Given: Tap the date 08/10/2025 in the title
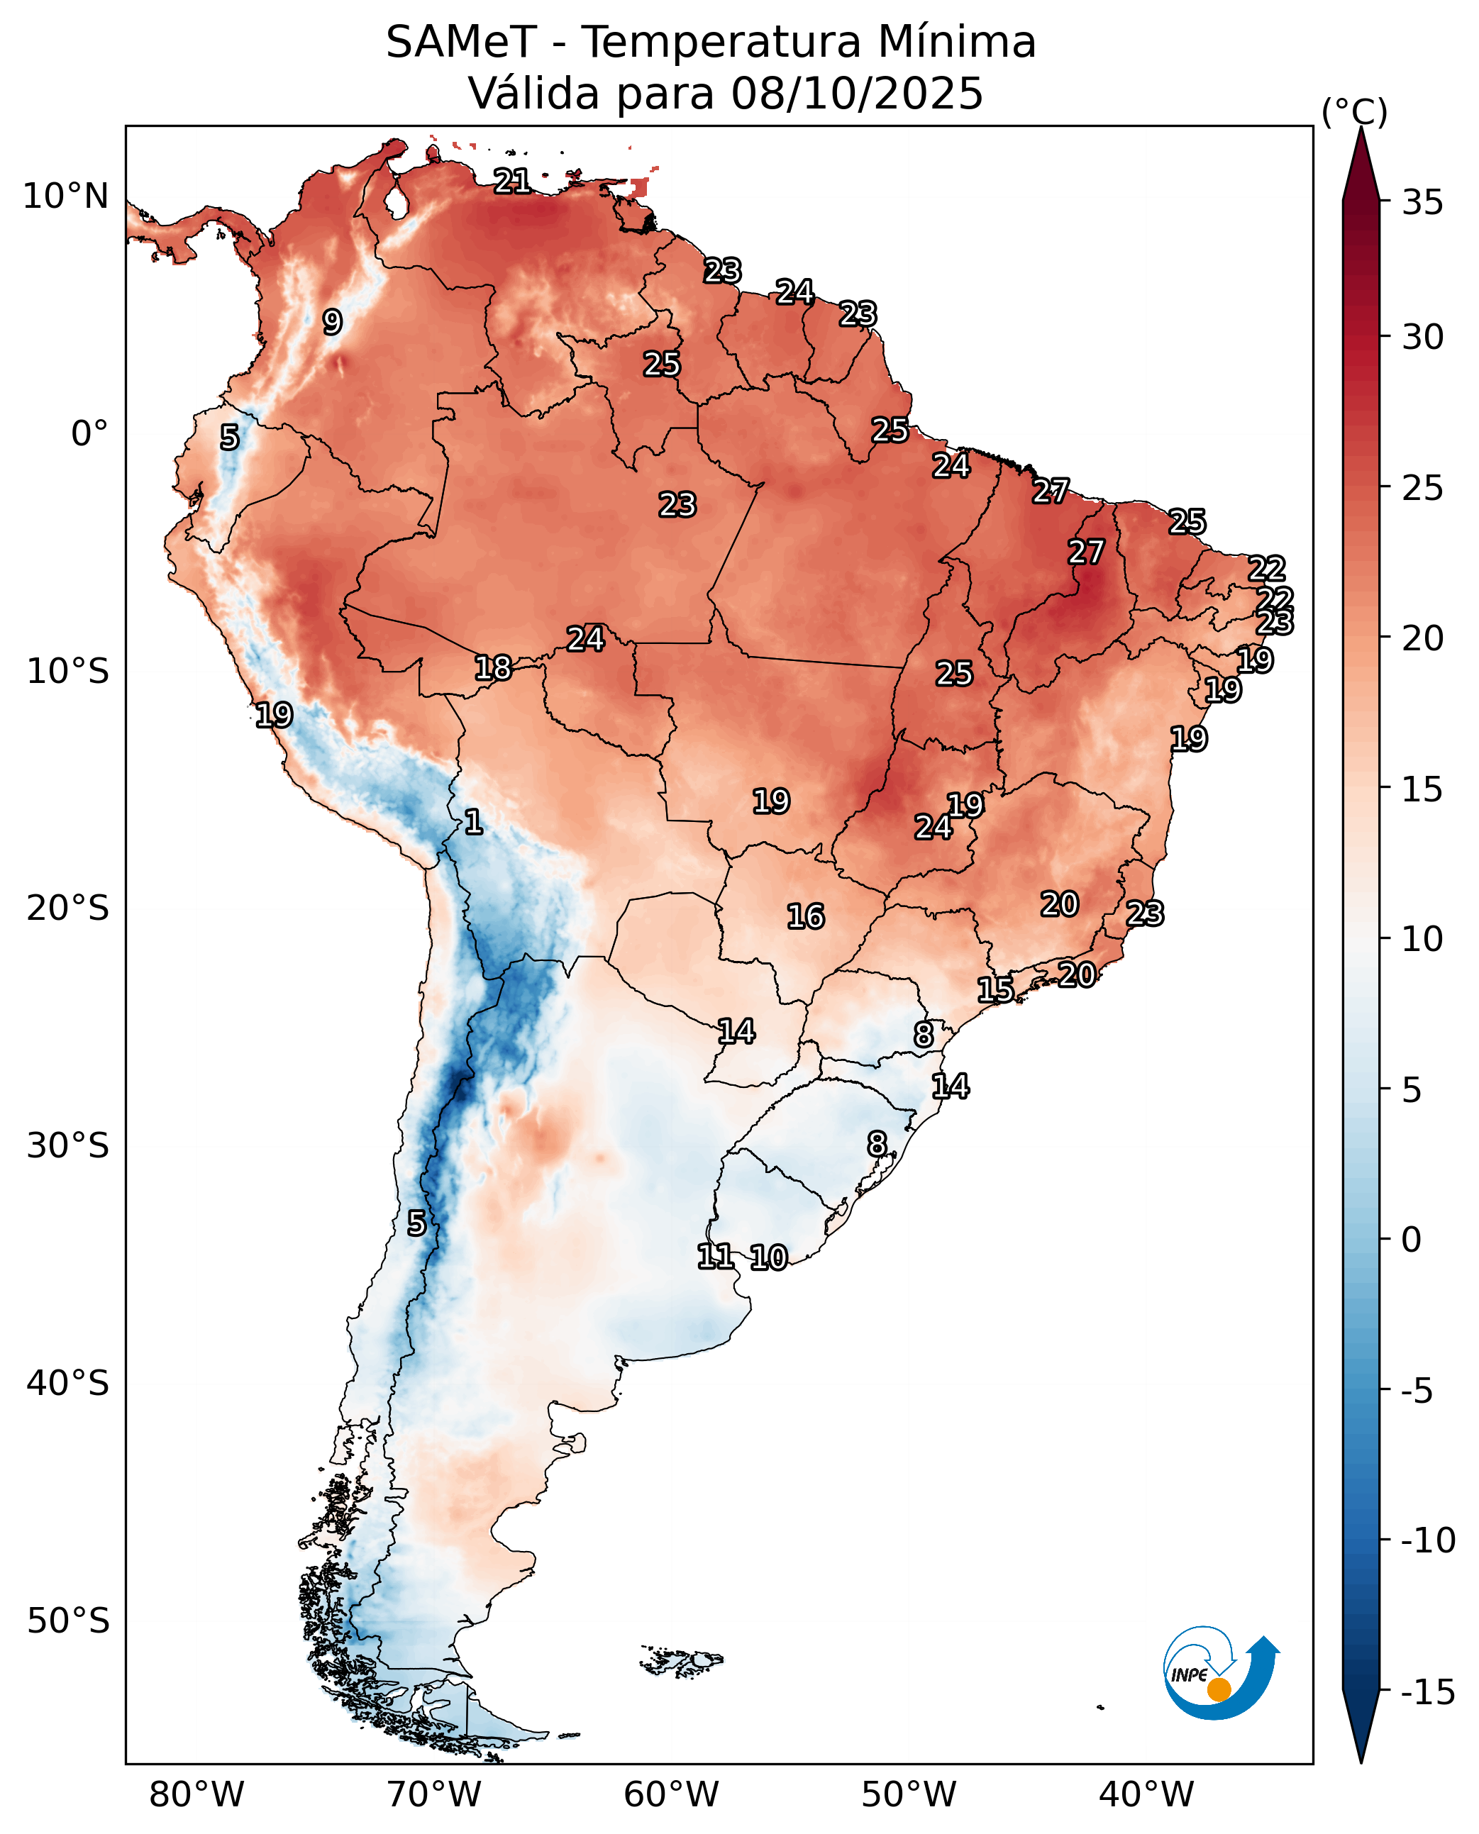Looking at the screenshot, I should click(856, 93).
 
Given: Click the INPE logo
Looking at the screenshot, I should click(1219, 1673).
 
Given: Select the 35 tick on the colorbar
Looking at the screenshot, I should click(1423, 203).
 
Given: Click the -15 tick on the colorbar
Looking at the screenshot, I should click(1427, 1691).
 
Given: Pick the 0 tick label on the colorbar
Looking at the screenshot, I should click(1411, 1240).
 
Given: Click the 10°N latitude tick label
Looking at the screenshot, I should click(65, 196).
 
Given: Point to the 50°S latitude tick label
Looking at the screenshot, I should click(67, 1621).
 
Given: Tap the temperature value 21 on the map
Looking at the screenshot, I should click(512, 181).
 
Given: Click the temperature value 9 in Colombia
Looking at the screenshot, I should click(332, 322).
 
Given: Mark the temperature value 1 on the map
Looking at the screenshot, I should click(474, 822).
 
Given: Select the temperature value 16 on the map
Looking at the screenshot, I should click(805, 916).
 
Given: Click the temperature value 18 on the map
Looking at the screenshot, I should click(492, 668).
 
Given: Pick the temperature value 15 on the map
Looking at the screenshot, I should click(995, 990).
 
